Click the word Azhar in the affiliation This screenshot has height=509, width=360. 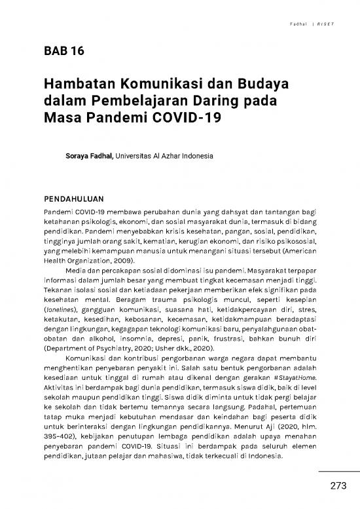[x=173, y=158]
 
